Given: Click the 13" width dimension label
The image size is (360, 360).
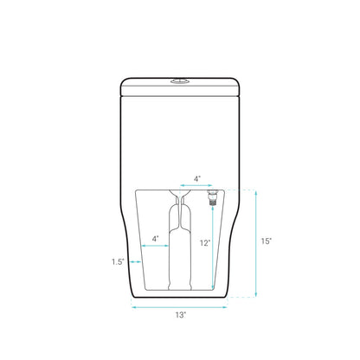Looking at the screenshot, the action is [x=181, y=315].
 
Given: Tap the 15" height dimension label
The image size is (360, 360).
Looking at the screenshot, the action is [x=267, y=241].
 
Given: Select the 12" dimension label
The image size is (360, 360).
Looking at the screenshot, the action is [x=205, y=243].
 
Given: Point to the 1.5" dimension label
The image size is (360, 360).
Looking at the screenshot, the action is [x=118, y=262].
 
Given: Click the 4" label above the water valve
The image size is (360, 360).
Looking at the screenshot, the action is [x=196, y=179].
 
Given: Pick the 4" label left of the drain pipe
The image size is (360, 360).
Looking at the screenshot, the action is [x=155, y=239].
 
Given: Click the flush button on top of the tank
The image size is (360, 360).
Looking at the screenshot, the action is [x=180, y=81].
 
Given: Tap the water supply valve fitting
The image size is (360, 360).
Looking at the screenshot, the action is [x=213, y=197].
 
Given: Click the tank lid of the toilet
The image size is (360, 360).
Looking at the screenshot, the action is [x=180, y=87].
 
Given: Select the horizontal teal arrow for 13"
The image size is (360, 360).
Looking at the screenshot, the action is [x=179, y=307].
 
